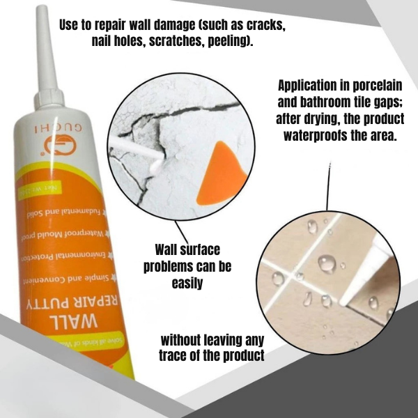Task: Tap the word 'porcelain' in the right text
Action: pyautogui.click(x=376, y=86)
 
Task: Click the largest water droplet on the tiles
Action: pyautogui.click(x=326, y=264)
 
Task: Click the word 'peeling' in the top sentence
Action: pyautogui.click(x=231, y=41)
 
